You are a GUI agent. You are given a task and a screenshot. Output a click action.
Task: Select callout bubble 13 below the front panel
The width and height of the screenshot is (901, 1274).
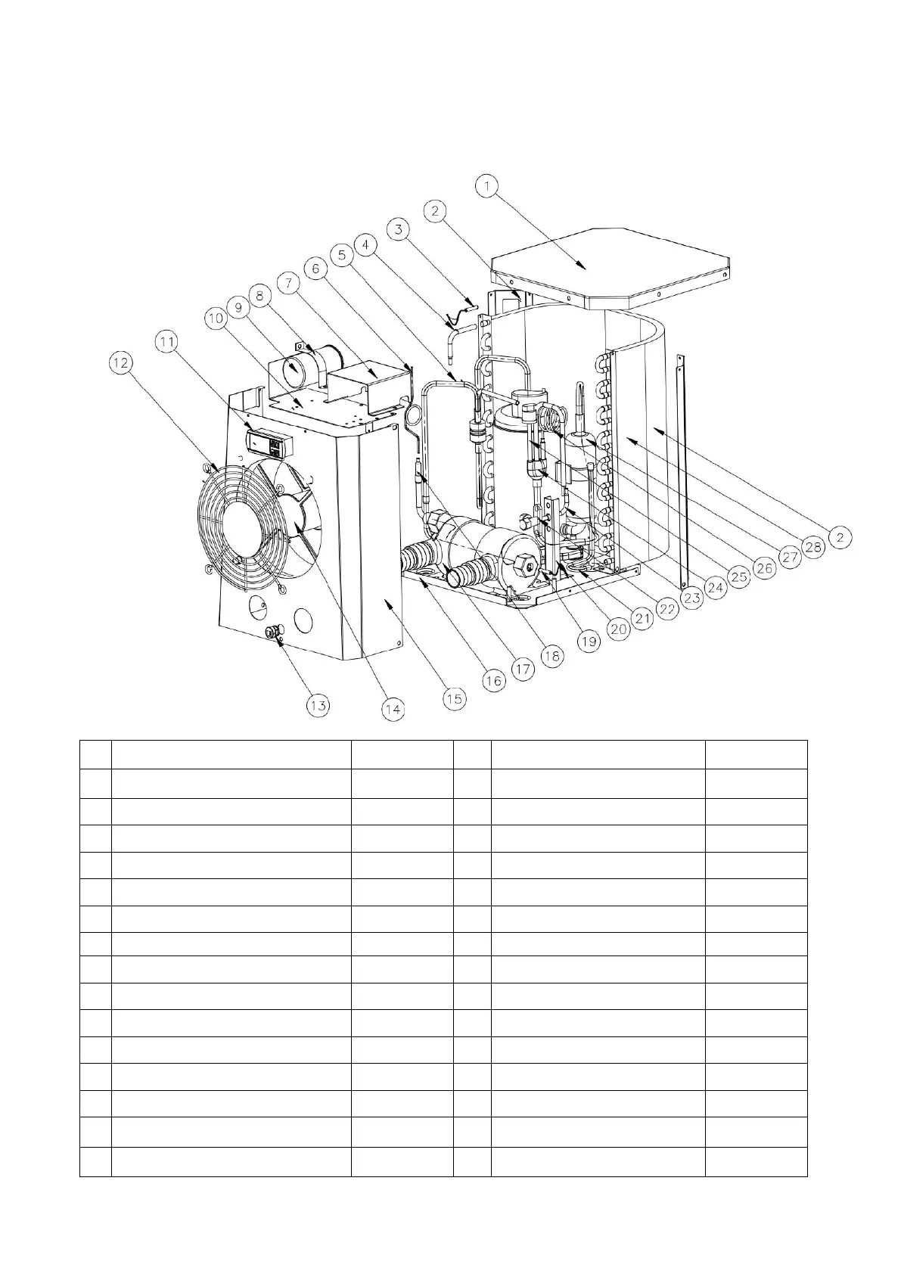318,705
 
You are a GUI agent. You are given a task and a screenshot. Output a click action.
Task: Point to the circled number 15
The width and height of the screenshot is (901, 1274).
454,698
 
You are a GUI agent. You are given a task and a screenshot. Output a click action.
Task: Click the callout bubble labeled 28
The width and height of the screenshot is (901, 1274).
813,547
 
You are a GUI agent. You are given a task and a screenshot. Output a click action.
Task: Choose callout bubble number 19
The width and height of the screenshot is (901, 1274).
589,642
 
